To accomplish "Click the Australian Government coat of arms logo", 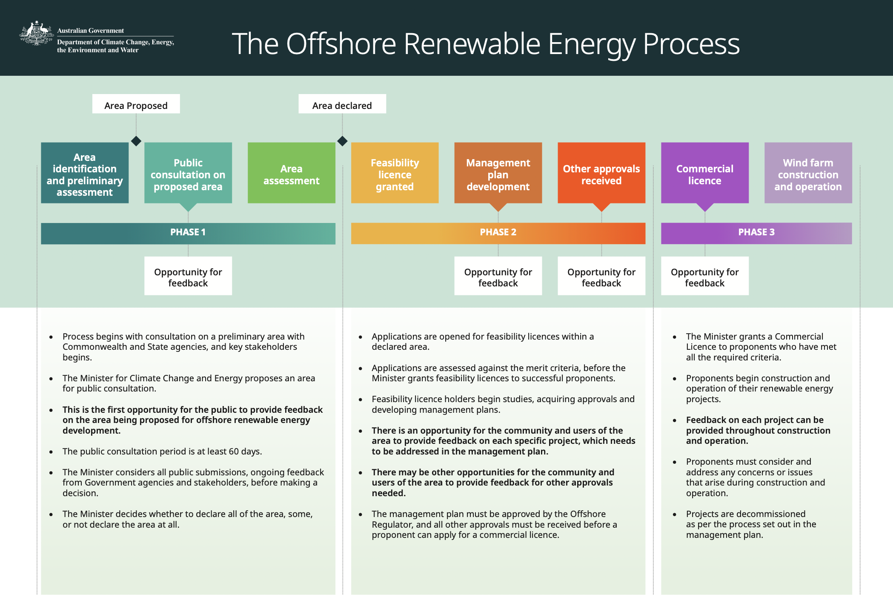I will tap(36, 33).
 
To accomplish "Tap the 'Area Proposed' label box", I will tap(136, 104).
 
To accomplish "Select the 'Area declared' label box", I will tap(342, 104).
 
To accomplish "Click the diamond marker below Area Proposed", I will tap(136, 141).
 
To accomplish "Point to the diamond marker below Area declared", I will tap(342, 141).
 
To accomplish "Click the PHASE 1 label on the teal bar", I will tap(188, 232).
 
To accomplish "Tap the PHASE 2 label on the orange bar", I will tap(498, 232).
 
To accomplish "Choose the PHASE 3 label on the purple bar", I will tap(756, 232).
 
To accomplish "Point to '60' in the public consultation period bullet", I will tap(234, 451).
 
